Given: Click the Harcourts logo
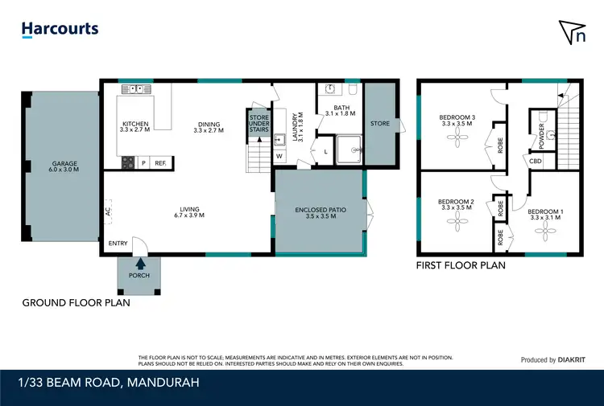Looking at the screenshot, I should (60, 29).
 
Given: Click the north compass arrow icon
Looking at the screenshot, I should (572, 31).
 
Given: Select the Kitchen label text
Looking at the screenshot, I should (135, 125).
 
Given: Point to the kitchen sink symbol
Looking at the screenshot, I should (134, 88).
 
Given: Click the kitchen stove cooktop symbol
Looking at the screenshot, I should (127, 162).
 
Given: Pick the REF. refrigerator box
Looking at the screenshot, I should (160, 163).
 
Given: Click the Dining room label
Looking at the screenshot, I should (209, 126).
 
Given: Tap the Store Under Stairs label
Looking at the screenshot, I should (258, 122).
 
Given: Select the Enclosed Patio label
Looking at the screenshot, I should (320, 212).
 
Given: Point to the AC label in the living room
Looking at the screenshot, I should (107, 211).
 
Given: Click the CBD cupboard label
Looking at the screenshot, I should (536, 161).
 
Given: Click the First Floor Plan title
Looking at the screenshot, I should (460, 265).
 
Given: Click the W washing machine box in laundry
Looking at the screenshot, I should (279, 156).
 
